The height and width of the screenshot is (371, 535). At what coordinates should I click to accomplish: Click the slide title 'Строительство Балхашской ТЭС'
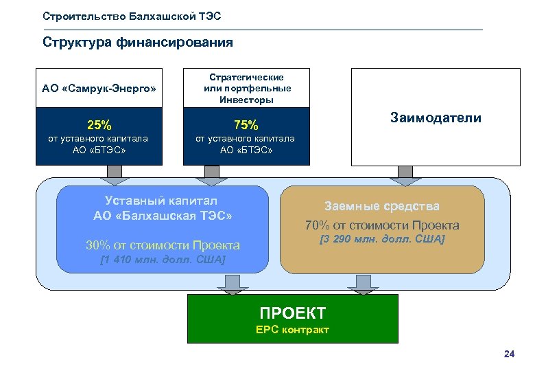132,16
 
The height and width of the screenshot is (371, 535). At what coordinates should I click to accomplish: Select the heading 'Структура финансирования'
137,43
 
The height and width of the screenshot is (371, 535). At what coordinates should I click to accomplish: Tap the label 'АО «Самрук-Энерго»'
99,89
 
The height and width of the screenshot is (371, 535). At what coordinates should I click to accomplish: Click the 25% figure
99,125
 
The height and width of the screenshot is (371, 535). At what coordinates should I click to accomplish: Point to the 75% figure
246,125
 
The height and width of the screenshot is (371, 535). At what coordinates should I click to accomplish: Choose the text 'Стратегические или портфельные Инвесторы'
247,89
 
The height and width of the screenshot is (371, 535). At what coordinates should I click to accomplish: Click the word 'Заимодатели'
436,118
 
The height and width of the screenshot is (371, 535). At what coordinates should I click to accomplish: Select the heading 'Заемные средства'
381,206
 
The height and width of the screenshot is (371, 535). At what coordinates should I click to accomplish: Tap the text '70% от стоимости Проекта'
381,225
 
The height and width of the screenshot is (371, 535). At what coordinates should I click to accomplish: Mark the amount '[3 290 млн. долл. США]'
381,240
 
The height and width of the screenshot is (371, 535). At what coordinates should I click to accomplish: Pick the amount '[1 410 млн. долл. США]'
163,260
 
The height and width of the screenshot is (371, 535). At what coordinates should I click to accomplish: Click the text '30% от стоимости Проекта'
163,245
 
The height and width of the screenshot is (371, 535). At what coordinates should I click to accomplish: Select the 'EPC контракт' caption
292,330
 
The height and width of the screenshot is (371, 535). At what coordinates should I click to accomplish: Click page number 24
508,354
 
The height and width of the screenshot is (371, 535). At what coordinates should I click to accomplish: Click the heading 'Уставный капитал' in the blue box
161,201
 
